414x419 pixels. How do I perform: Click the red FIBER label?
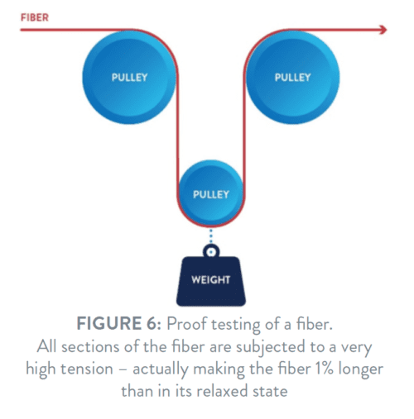tap(35, 17)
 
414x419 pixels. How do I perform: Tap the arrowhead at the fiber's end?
tap(383, 30)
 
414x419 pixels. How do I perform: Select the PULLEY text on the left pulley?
tap(129, 78)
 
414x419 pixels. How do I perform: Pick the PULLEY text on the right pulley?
tap(292, 78)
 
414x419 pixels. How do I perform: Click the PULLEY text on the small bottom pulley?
tap(211, 194)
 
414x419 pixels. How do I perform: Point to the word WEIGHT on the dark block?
tap(211, 280)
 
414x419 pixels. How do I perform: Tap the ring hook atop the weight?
tap(211, 251)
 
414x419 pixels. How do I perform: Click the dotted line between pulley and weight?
tap(211, 236)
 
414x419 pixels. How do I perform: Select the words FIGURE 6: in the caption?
tap(118, 323)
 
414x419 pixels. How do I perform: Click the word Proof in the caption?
tap(187, 323)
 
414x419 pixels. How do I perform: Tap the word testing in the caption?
tap(236, 325)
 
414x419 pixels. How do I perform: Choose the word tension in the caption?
tap(87, 369)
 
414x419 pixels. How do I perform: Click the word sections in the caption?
tap(90, 347)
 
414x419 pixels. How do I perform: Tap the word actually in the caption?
tap(160, 369)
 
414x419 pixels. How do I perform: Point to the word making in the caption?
tap(219, 369)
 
